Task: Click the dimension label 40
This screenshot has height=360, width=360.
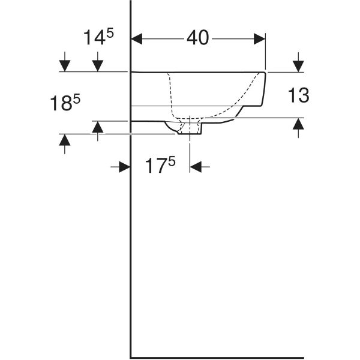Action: coord(197,38)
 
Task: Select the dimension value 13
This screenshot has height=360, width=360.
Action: coord(298,94)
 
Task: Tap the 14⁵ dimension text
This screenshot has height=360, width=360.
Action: coord(98,38)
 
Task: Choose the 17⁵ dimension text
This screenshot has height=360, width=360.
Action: coord(159,166)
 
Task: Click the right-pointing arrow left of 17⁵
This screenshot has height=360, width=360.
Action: coord(124,167)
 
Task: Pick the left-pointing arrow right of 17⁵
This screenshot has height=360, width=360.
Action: coord(196,167)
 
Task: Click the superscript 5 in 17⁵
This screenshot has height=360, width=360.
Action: coord(172,161)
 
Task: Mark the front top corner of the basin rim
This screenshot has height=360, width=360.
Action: coord(265,73)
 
